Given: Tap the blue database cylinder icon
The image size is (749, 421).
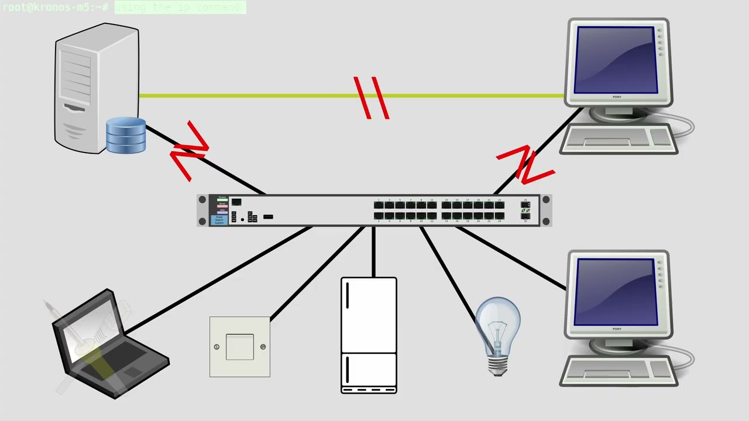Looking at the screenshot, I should pyautogui.click(x=126, y=136).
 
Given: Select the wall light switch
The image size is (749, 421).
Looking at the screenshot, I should pyautogui.click(x=240, y=347).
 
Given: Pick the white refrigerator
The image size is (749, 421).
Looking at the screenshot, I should pyautogui.click(x=369, y=335).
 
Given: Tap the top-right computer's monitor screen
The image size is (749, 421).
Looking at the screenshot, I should pyautogui.click(x=616, y=60).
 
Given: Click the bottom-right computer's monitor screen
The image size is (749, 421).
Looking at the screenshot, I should pyautogui.click(x=616, y=292).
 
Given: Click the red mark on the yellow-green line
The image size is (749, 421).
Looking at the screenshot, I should pyautogui.click(x=372, y=98).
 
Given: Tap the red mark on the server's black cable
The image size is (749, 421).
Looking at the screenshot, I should pyautogui.click(x=190, y=151).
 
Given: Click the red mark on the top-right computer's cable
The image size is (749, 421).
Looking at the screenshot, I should pyautogui.click(x=525, y=164).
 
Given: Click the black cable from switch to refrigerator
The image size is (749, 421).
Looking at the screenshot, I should pyautogui.click(x=373, y=251).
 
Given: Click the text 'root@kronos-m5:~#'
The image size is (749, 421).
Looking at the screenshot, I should pyautogui.click(x=56, y=7).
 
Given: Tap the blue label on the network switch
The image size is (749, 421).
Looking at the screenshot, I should pyautogui.click(x=219, y=220).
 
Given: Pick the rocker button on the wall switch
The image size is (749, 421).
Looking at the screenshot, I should pyautogui.click(x=240, y=347).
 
